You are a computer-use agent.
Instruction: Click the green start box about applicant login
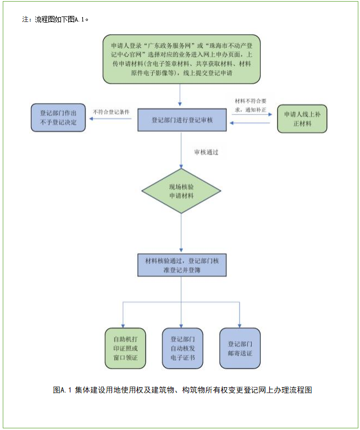[181, 59]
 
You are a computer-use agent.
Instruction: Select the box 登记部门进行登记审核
[181, 120]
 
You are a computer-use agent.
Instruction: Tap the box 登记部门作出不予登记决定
[58, 118]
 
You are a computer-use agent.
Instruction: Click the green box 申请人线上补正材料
[302, 119]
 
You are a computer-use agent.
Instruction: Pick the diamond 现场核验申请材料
[181, 191]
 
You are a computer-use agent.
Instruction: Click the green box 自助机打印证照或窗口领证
[125, 348]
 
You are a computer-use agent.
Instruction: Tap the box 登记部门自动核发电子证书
[182, 348]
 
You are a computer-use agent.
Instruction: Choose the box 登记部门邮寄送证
[240, 348]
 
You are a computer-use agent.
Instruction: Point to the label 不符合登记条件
[112, 112]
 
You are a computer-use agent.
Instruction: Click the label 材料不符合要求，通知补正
[251, 105]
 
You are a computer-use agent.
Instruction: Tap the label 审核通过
[206, 152]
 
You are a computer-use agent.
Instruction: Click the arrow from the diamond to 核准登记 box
[181, 234]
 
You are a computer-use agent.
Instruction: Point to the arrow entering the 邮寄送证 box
[240, 315]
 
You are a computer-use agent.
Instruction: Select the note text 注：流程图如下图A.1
[55, 19]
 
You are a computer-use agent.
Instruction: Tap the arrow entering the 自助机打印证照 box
[123, 315]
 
